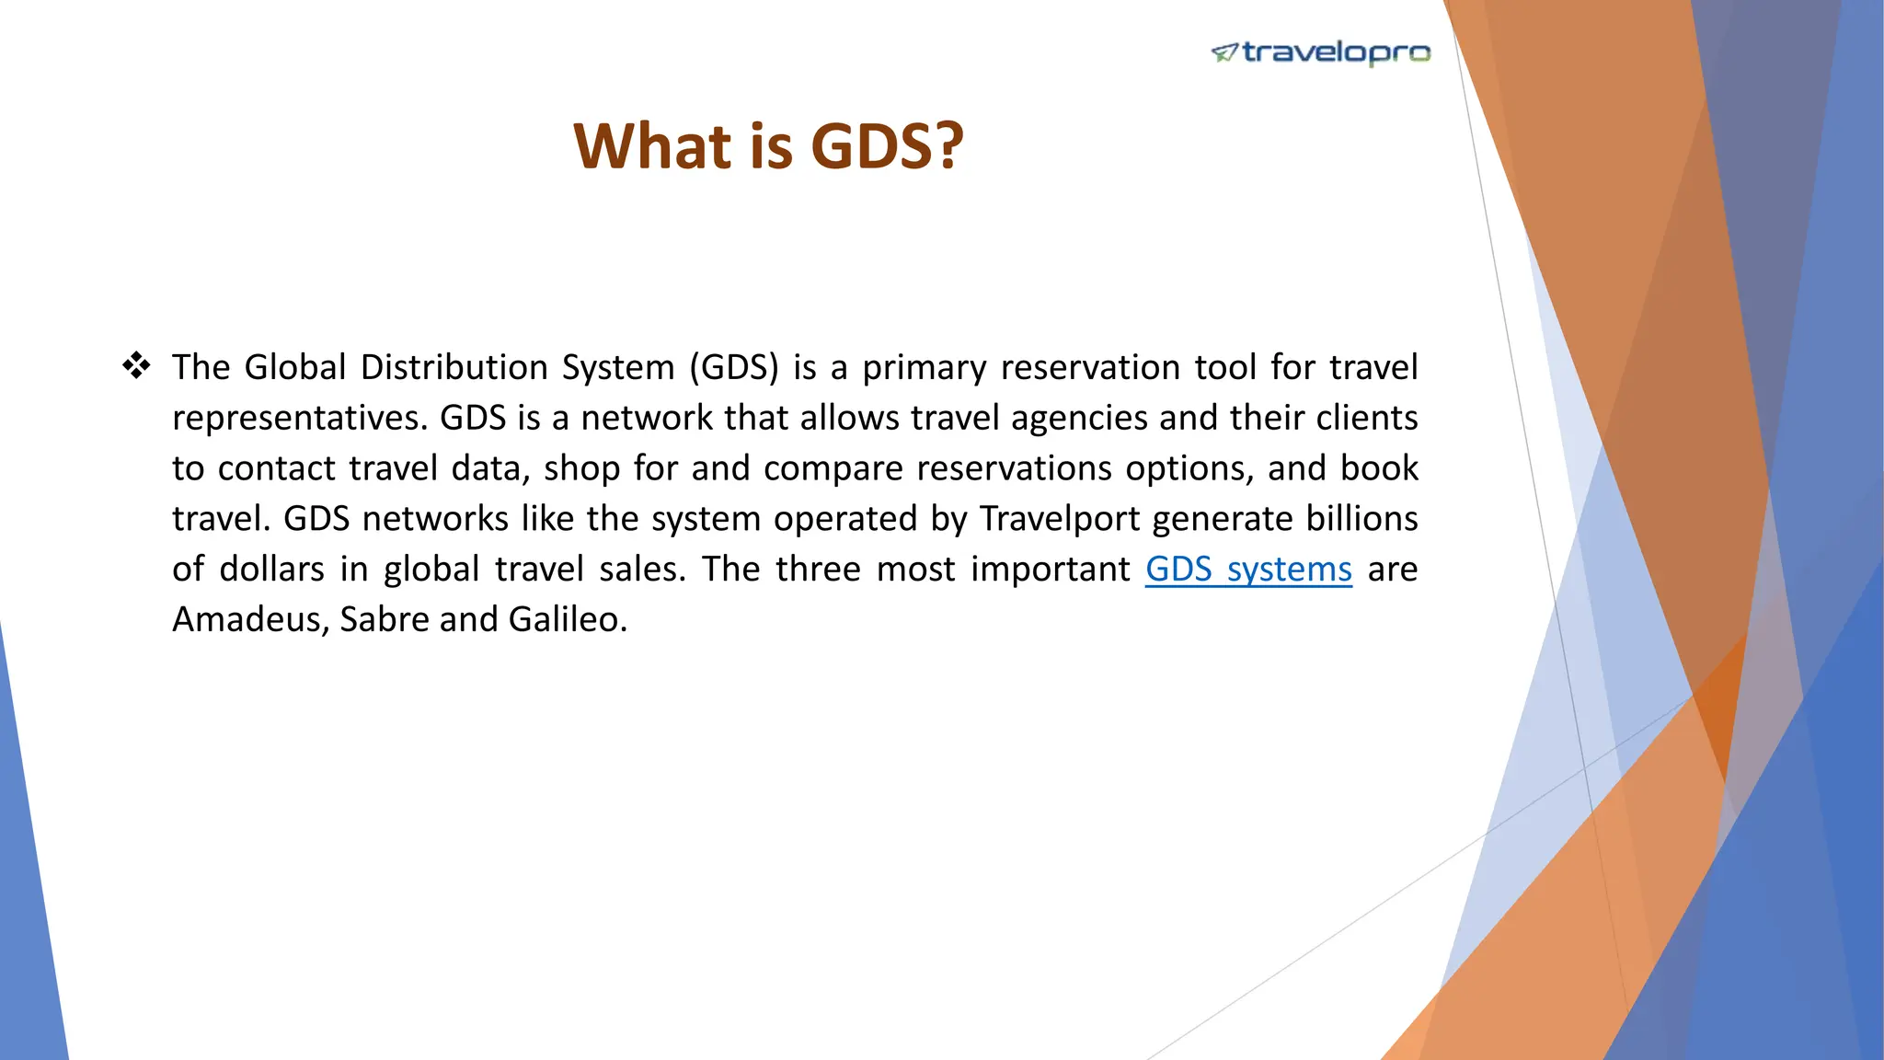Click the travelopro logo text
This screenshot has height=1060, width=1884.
tap(1336, 52)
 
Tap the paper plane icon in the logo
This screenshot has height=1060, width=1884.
tap(1224, 52)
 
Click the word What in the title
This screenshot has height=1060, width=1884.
tap(653, 146)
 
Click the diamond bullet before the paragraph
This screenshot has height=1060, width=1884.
tap(136, 366)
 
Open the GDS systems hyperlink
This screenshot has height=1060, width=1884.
tap(1248, 570)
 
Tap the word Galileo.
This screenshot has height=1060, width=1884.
tap(567, 619)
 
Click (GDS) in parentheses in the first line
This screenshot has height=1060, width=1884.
tap(733, 368)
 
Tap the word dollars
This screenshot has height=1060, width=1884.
tap(271, 570)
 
